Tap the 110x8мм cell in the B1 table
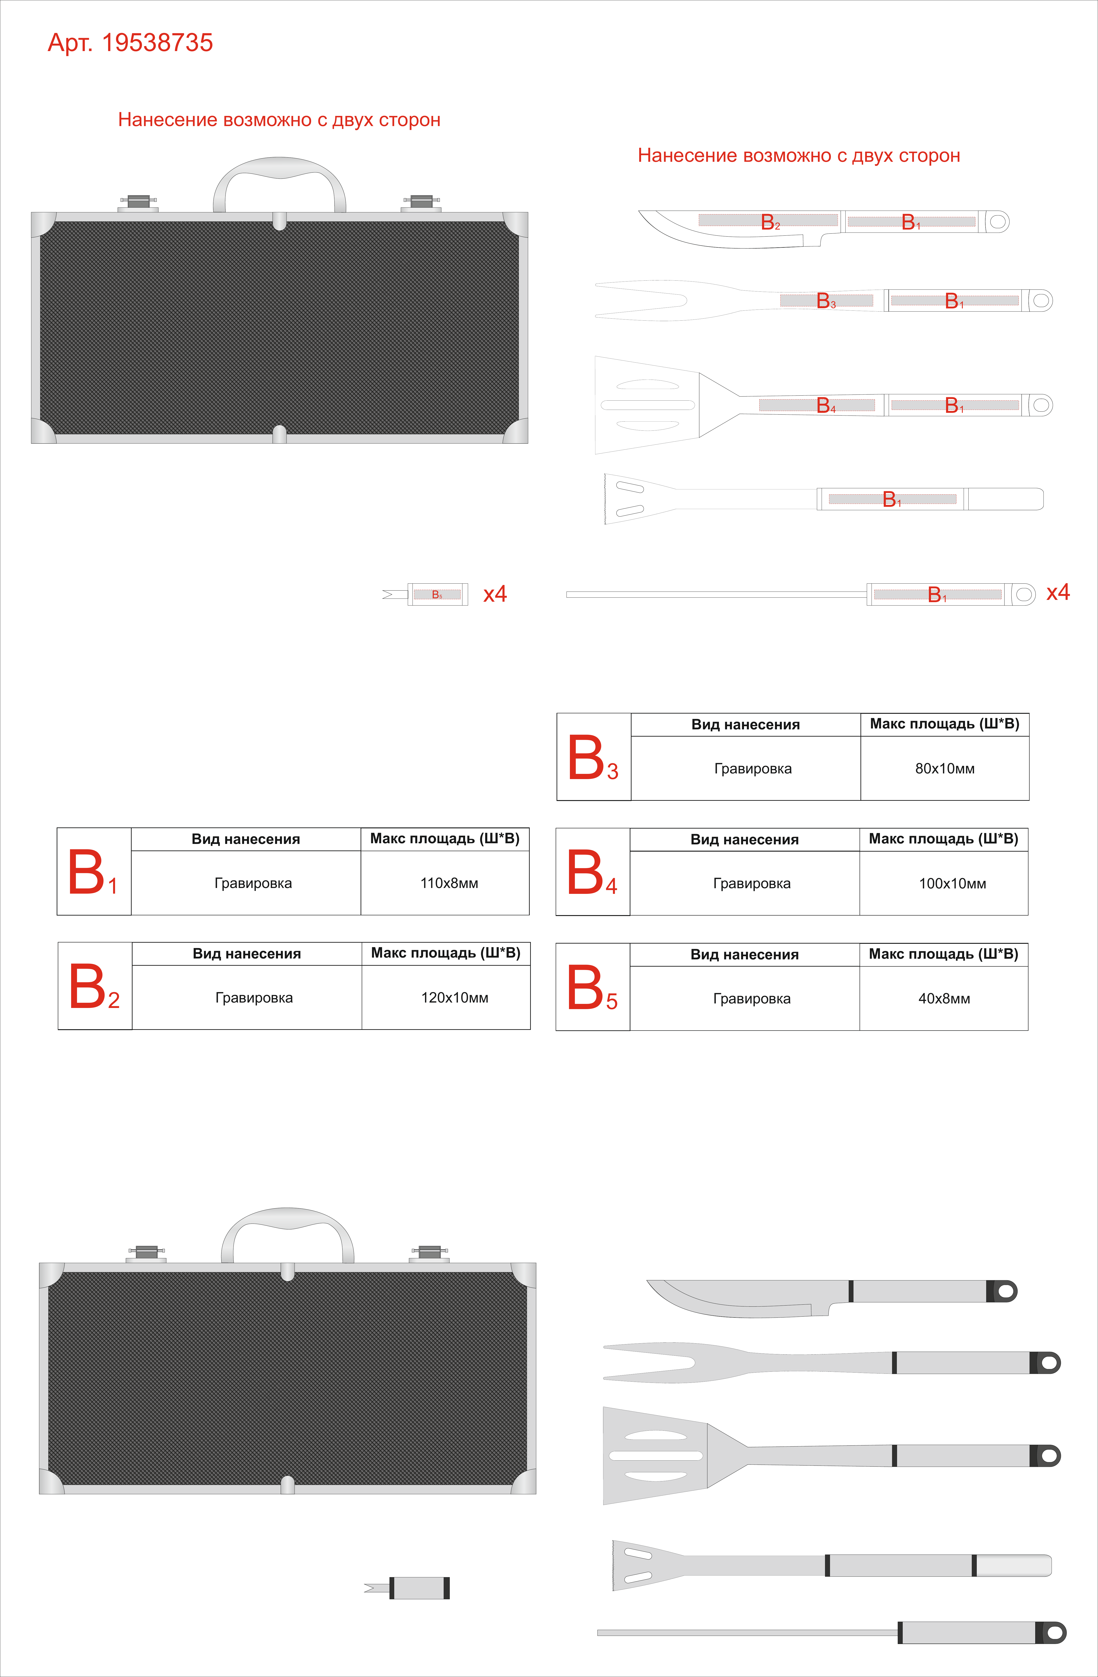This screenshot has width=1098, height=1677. (449, 883)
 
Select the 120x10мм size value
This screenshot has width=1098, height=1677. (455, 998)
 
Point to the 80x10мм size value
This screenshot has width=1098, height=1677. (945, 769)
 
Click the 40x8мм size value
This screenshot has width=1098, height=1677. (944, 998)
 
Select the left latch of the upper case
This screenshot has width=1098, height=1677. (138, 203)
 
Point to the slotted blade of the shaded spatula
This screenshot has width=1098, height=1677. (655, 1456)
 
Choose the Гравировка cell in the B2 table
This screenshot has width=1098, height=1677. (254, 998)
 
